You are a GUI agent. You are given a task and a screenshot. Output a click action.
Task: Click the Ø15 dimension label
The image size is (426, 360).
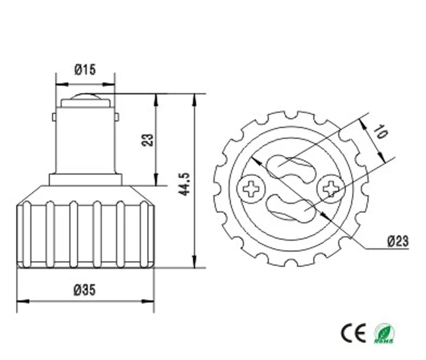click(x=85, y=70)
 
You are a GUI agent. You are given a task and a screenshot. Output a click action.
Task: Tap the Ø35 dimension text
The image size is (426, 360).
click(x=85, y=290)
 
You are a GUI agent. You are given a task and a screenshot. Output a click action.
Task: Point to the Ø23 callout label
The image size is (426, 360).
click(x=398, y=241)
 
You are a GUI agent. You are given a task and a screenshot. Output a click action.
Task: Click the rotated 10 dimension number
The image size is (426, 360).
click(x=382, y=131)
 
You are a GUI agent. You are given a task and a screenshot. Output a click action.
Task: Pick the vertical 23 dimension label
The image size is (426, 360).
click(x=148, y=140)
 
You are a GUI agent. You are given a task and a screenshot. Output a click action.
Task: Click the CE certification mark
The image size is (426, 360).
click(x=353, y=333)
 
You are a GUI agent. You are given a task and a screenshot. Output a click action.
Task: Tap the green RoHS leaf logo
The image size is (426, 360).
click(x=384, y=334)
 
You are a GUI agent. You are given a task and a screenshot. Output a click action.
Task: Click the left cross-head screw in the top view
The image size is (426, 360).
click(x=251, y=189)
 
